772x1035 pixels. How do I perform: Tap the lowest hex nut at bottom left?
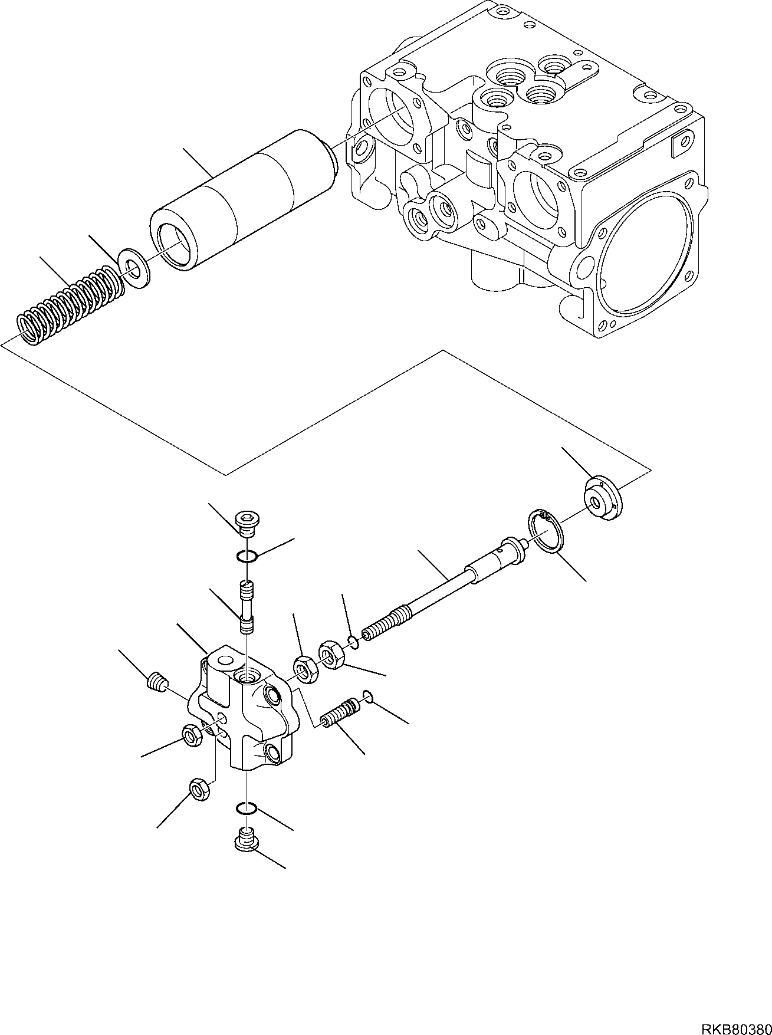click(198, 789)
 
